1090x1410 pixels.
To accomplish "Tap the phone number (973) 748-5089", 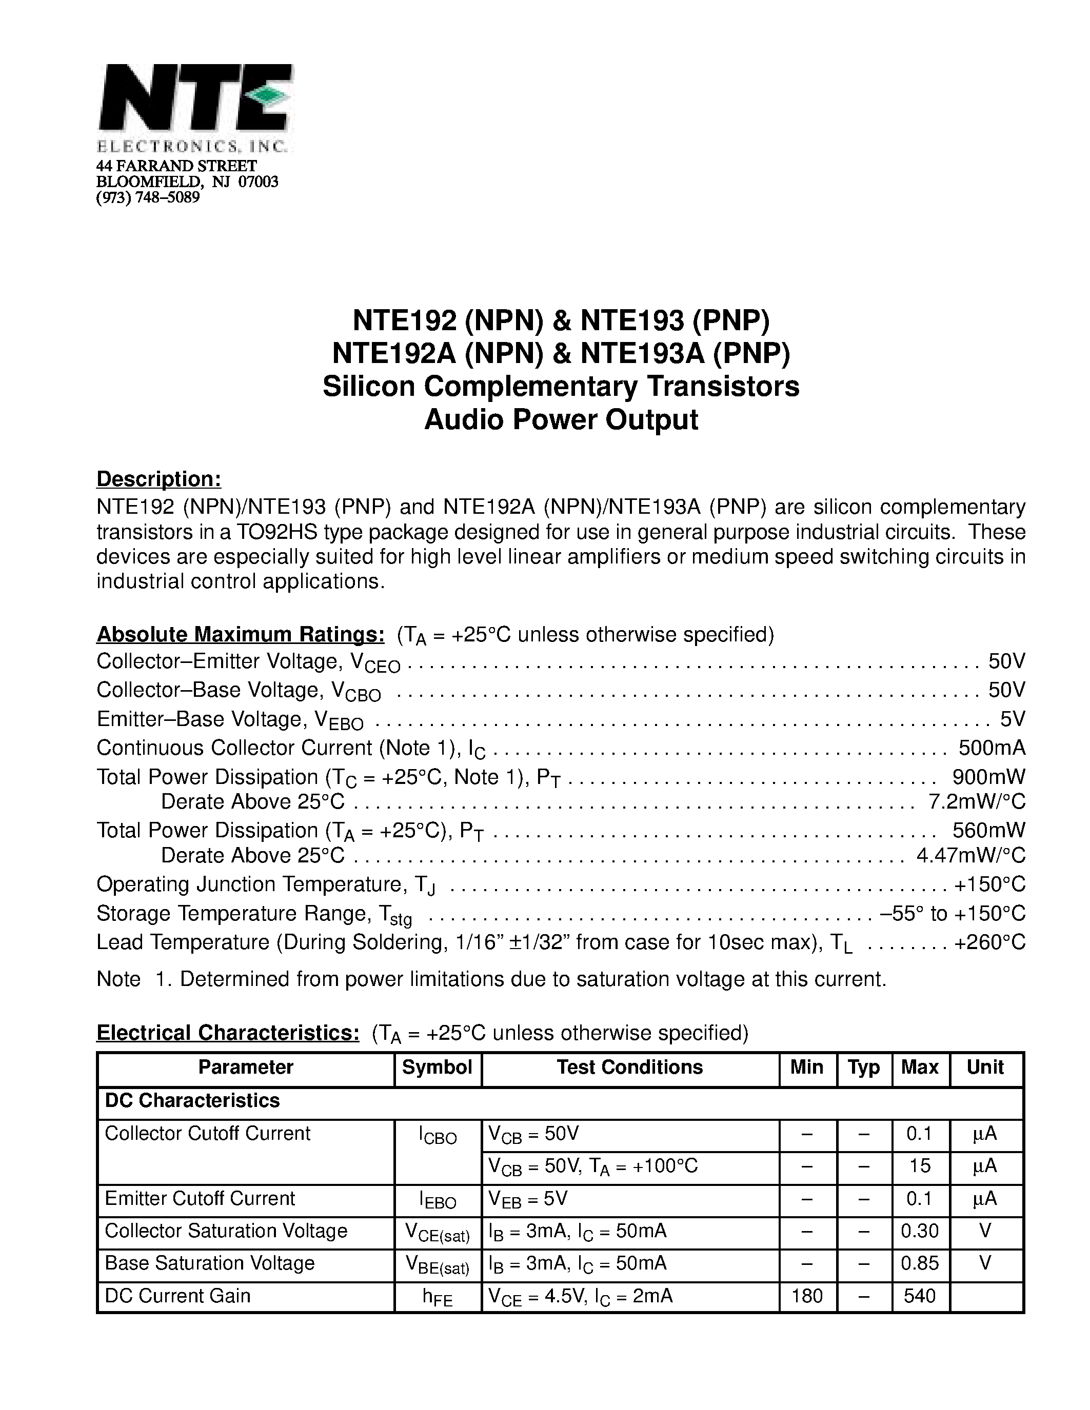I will coord(148,197).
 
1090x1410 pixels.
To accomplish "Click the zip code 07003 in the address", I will coord(259,182).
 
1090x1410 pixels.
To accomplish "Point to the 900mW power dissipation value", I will coord(988,777).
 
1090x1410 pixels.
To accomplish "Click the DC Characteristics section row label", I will coord(192,1100).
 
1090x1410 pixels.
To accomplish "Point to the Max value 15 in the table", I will coord(920,1165).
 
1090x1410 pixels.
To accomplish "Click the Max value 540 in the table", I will coord(920,1296).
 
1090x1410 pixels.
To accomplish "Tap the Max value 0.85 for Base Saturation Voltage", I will coord(920,1263).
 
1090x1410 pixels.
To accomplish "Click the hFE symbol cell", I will coord(437,1298).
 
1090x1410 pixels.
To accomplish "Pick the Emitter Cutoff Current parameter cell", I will coord(200,1198).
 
